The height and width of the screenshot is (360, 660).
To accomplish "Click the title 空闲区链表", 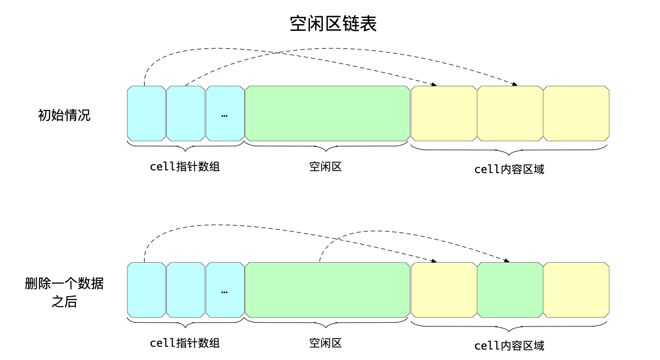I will click(x=333, y=24).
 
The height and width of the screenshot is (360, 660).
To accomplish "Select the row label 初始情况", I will click(x=64, y=115).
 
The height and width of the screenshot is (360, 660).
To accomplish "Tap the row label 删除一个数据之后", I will click(x=64, y=292).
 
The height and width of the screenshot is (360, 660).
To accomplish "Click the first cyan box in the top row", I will click(x=146, y=114).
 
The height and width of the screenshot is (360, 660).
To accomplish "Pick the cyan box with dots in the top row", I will click(x=225, y=114).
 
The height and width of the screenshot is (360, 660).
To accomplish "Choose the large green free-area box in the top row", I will click(x=327, y=114).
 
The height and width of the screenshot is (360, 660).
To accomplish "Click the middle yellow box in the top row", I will click(x=510, y=114).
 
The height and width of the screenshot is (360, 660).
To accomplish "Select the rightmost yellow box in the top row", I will click(x=576, y=114).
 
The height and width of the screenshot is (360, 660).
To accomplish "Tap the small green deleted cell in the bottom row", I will click(x=510, y=290).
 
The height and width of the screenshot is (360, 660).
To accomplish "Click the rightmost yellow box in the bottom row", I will click(x=576, y=290).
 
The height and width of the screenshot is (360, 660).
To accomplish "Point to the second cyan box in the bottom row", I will click(x=185, y=290).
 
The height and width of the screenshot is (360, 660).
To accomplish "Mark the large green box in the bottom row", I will click(x=327, y=290).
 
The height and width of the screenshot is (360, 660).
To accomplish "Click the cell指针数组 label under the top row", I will click(x=185, y=167).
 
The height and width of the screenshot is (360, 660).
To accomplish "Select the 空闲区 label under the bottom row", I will click(x=326, y=344).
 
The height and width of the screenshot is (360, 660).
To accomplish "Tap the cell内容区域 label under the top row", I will click(x=509, y=169).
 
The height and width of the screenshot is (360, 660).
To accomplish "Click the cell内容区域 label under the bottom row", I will click(x=509, y=346).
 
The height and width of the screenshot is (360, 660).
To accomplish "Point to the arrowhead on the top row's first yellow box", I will click(x=434, y=85).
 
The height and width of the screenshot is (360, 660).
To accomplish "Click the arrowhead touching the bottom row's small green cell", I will click(x=507, y=261).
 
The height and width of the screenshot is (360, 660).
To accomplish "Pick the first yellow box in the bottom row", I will click(x=444, y=290).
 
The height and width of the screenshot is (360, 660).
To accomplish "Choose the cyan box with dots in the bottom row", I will click(x=225, y=290).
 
